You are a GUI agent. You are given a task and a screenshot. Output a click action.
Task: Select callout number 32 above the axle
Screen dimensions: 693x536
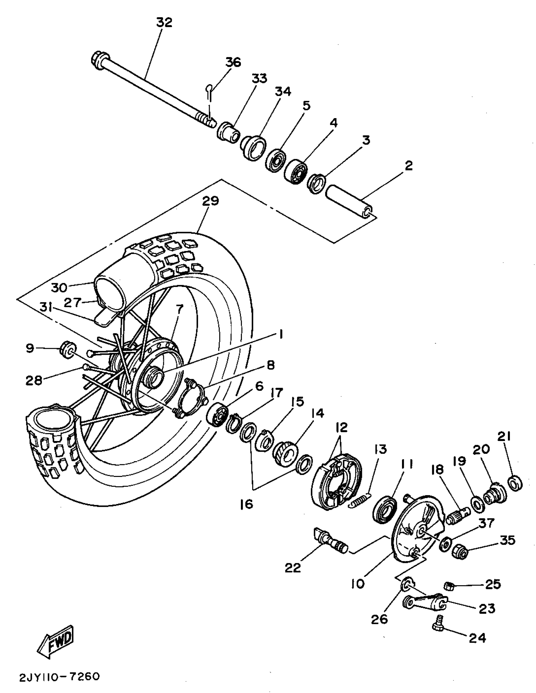[x=165, y=22]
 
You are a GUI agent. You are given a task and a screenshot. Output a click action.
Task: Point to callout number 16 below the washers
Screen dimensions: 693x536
[x=247, y=504]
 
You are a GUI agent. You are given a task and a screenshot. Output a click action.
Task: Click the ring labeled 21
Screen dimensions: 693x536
[x=516, y=484]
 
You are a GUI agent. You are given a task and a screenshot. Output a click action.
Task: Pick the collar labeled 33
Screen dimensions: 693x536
[x=228, y=132]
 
